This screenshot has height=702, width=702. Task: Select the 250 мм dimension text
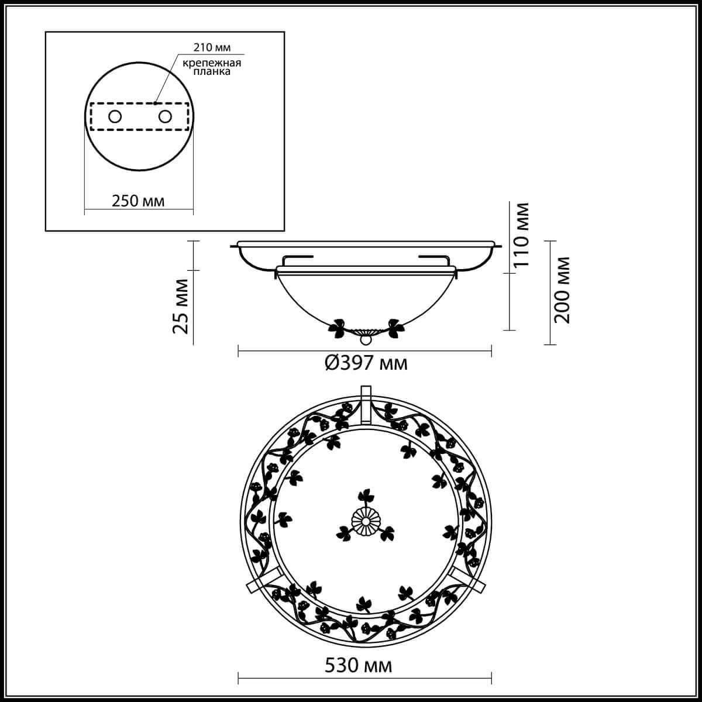[x=138, y=201]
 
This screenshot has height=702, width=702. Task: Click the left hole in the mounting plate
[x=115, y=116]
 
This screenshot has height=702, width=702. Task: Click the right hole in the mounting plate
[x=166, y=116]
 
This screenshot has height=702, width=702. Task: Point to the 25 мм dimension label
[x=181, y=306]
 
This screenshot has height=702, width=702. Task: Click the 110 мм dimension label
[x=521, y=235]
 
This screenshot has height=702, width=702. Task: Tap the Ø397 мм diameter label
[x=366, y=364]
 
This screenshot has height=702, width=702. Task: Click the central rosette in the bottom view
[x=365, y=521]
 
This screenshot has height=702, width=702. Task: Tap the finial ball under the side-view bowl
[x=365, y=339]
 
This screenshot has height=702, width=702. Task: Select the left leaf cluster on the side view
[x=338, y=329]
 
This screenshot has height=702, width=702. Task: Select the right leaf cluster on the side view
[x=394, y=329]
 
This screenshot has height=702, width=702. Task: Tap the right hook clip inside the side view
[x=433, y=258]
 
